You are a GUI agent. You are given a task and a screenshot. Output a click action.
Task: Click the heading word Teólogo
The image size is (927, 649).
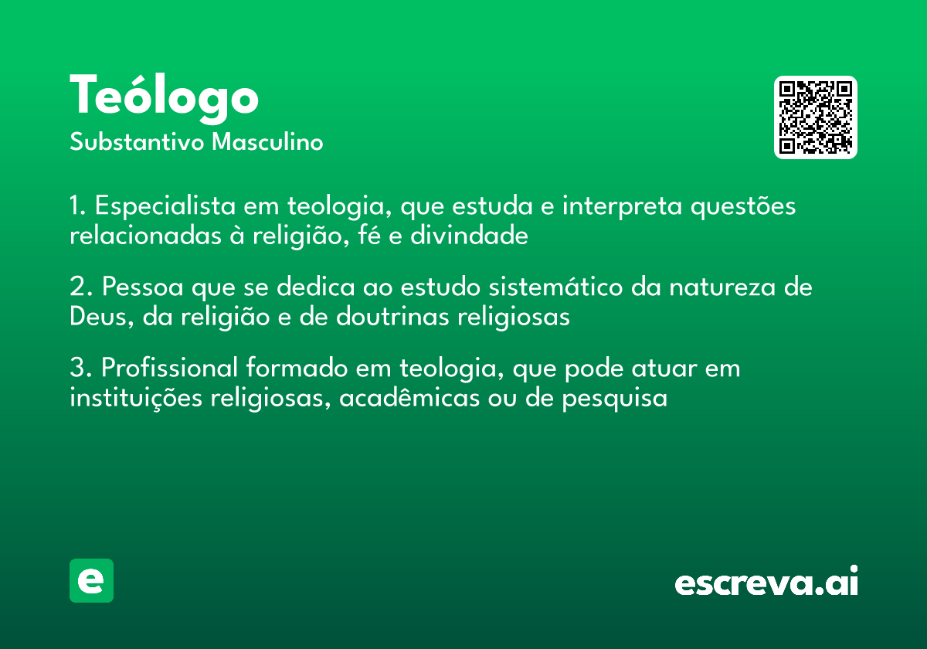coord(165,98)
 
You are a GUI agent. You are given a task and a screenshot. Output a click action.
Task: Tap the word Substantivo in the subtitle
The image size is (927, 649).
coord(137,142)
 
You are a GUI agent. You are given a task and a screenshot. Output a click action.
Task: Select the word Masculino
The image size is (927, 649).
coord(267,142)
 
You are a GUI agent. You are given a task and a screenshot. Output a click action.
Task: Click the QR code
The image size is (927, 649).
coord(815,117)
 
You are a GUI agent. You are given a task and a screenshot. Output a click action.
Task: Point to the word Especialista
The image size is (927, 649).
coord(165,206)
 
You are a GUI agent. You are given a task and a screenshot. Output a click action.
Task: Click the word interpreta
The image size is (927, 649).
coord(622,206)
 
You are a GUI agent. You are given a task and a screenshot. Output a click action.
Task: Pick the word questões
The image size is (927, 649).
coord(743,206)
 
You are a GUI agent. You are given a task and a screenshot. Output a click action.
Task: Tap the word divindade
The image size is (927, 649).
coord(469,236)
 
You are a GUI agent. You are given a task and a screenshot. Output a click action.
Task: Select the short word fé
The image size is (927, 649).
coord(369,235)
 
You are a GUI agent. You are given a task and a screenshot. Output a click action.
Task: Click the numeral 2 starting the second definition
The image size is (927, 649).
coord(78,286)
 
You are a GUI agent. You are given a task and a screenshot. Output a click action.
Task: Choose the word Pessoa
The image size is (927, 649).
coord(143,287)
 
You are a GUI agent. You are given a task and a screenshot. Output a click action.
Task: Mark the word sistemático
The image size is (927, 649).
coord(555,287)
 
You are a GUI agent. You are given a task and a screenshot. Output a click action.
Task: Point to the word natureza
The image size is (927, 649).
coord(722,287)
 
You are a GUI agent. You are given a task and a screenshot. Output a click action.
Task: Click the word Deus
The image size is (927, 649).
coord(99,317)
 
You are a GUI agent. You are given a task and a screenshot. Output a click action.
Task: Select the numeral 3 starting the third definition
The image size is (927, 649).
coord(78,367)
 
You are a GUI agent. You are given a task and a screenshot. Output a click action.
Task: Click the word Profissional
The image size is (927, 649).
coord(170,367)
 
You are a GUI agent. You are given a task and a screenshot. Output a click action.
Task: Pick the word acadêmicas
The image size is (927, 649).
coord(409,398)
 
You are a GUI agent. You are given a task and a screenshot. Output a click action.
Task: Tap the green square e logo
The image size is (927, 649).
coord(91,580)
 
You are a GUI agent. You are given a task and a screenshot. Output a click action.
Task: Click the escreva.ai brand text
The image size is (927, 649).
coord(766,581)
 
